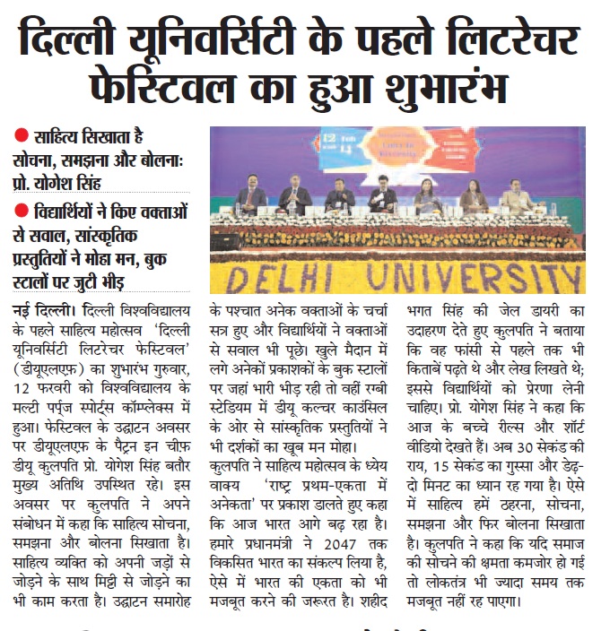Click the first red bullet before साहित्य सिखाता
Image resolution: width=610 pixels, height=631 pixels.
(x=22, y=139)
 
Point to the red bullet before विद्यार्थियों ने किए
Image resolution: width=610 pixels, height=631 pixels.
(x=22, y=213)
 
